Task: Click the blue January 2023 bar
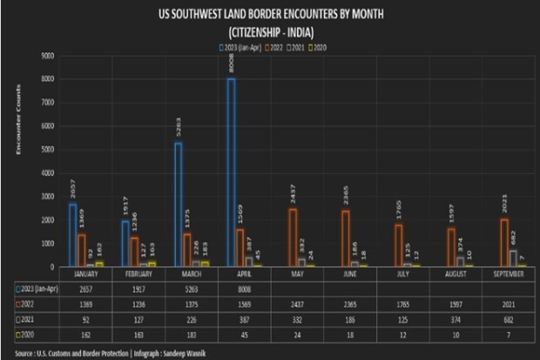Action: [73, 234]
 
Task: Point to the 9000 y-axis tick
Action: [48, 56]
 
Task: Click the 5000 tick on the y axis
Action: [48, 149]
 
